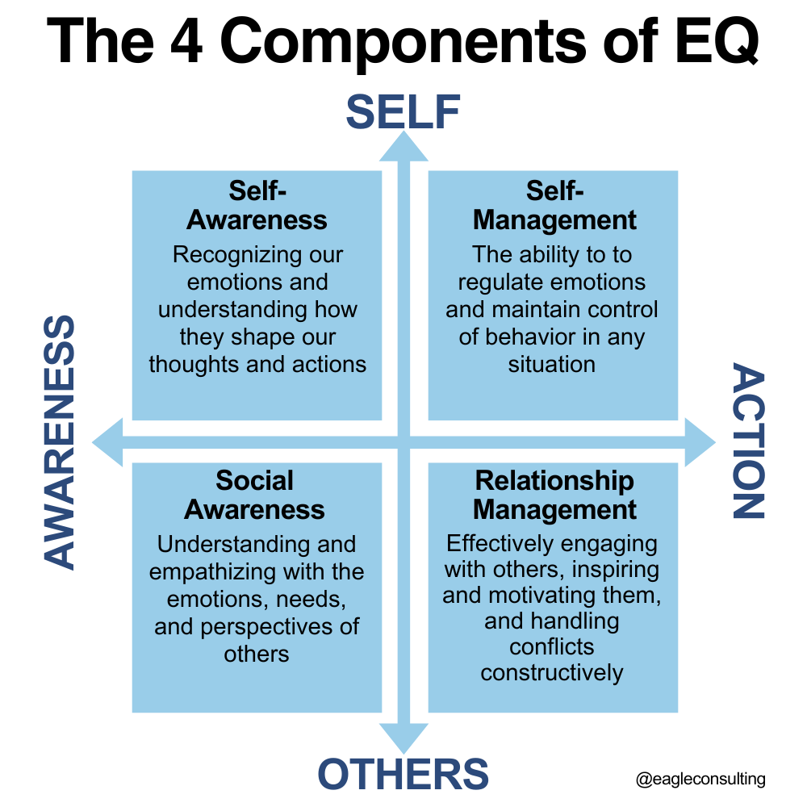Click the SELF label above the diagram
[x=403, y=112]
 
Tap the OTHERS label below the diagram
[x=403, y=775]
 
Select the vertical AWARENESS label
[x=58, y=442]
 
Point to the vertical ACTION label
[x=748, y=442]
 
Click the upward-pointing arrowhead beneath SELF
[x=403, y=146]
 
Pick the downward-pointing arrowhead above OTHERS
[x=403, y=738]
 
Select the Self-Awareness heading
[x=257, y=205]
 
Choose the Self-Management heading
[x=554, y=205]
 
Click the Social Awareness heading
[x=255, y=495]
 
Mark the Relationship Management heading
[x=554, y=495]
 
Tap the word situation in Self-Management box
[x=552, y=364]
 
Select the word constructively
[x=552, y=673]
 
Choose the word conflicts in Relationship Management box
[x=552, y=647]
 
